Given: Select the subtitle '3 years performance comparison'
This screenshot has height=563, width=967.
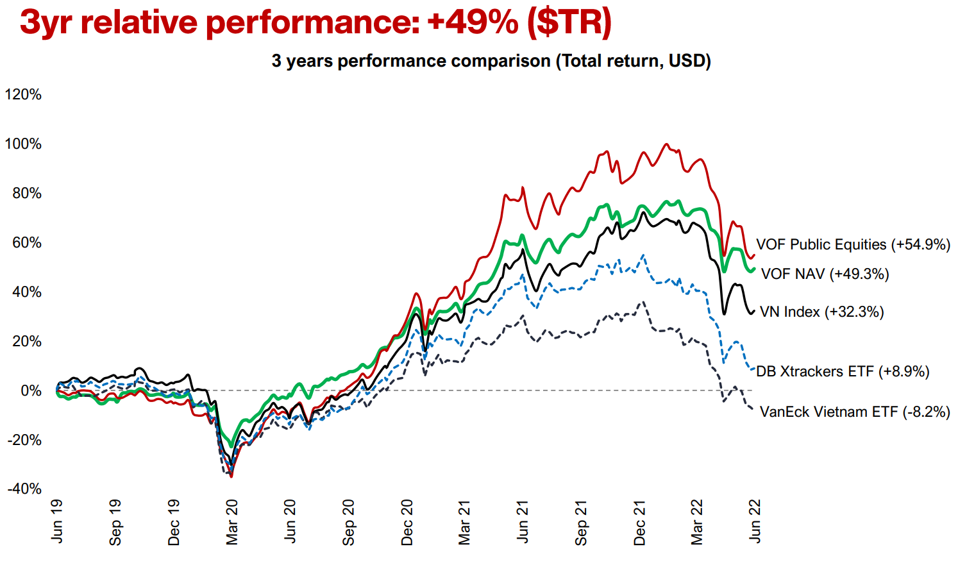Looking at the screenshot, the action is (x=410, y=61).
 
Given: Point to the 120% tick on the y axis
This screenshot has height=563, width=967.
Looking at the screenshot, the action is (x=23, y=94).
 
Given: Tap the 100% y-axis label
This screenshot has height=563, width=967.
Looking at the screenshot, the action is (x=23, y=144).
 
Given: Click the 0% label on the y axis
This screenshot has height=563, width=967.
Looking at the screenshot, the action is (x=31, y=391).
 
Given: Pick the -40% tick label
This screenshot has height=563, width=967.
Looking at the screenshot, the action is (x=24, y=489).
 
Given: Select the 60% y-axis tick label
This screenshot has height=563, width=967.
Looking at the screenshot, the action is (x=27, y=242).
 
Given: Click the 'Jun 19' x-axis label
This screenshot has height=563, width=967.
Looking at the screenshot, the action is (x=56, y=521).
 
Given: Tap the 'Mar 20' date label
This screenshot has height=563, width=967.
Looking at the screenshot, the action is (x=231, y=523).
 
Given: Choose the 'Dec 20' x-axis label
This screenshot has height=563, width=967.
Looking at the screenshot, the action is (x=406, y=523).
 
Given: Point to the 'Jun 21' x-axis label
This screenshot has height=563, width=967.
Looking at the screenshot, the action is (x=523, y=521).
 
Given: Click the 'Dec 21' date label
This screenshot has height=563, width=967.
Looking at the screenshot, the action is (x=639, y=523).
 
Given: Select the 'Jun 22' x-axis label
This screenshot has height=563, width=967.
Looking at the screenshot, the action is (x=755, y=521).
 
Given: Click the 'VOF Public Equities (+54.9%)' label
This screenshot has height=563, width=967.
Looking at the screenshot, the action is (x=853, y=245).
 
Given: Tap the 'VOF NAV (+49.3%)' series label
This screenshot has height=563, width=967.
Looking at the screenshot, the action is (x=825, y=274).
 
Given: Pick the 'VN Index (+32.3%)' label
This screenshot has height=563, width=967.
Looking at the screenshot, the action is (x=822, y=312).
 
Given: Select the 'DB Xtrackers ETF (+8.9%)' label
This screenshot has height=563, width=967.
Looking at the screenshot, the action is (x=843, y=371).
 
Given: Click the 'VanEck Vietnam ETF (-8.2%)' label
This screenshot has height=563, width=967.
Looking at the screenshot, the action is (x=855, y=412).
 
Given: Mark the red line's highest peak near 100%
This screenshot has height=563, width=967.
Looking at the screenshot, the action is (x=666, y=144).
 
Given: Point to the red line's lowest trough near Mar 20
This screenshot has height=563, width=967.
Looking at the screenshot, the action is (x=231, y=476).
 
